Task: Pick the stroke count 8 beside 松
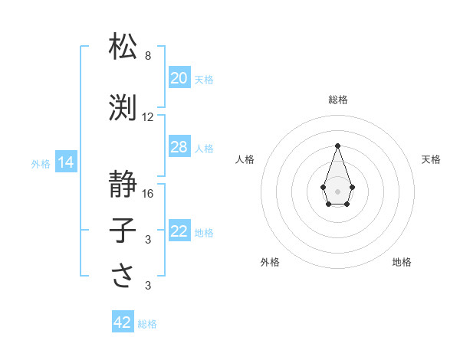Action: tap(148, 56)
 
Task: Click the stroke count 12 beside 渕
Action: tap(148, 117)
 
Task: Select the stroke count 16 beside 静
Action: tap(148, 193)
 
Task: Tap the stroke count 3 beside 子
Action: tap(148, 240)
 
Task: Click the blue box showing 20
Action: tap(179, 78)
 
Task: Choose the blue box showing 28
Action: tap(179, 147)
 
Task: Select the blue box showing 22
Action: tap(179, 231)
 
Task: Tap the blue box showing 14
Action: tap(64, 162)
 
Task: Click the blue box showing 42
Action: tap(123, 322)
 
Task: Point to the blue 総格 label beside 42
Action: tap(147, 324)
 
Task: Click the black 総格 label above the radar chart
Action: tap(337, 100)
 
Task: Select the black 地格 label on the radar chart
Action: tap(402, 262)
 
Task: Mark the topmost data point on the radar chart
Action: tap(337, 145)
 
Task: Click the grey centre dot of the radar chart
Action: tap(337, 191)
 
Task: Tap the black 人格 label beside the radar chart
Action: tap(245, 159)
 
